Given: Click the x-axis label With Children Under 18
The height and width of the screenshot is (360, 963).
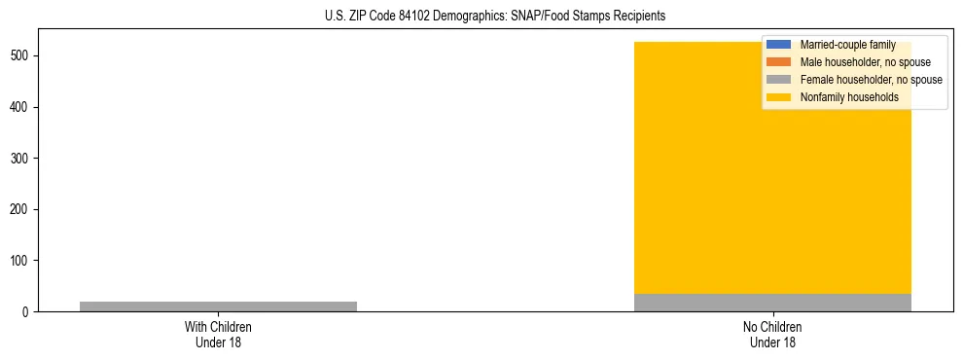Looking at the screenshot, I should (x=218, y=335).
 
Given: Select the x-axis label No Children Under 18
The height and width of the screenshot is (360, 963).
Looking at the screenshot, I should (x=772, y=335).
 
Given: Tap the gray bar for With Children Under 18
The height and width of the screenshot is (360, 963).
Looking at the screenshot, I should (x=218, y=306).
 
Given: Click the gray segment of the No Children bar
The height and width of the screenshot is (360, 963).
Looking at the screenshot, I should (x=772, y=303).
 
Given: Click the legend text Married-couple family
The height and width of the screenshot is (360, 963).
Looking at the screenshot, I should (x=847, y=45).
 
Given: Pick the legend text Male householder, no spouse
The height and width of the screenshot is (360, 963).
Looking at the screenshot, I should (x=865, y=62).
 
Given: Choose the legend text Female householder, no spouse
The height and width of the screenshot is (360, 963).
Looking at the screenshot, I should (x=871, y=80).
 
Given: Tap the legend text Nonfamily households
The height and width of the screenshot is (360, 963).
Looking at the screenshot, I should (x=849, y=97).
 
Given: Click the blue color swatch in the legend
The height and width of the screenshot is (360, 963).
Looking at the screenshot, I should (x=779, y=45).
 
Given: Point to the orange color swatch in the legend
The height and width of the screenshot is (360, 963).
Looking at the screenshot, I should (x=779, y=62).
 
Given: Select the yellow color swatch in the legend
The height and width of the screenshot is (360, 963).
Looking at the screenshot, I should (x=779, y=97).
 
